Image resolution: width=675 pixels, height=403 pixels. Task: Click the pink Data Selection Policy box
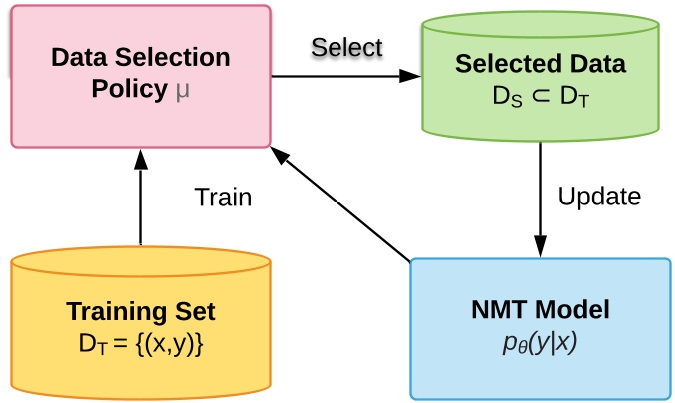(141, 76)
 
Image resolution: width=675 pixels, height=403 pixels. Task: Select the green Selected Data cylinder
(540, 78)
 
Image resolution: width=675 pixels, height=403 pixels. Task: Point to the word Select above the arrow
(346, 47)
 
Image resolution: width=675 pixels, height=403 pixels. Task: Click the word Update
(599, 197)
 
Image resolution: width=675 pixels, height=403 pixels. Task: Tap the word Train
(223, 197)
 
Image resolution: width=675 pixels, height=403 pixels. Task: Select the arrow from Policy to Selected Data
(344, 76)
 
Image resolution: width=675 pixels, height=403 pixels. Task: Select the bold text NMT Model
(540, 310)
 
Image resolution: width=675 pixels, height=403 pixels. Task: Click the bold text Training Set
(141, 312)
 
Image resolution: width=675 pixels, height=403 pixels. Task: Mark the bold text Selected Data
(540, 65)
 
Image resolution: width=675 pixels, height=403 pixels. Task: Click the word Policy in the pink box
(128, 90)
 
